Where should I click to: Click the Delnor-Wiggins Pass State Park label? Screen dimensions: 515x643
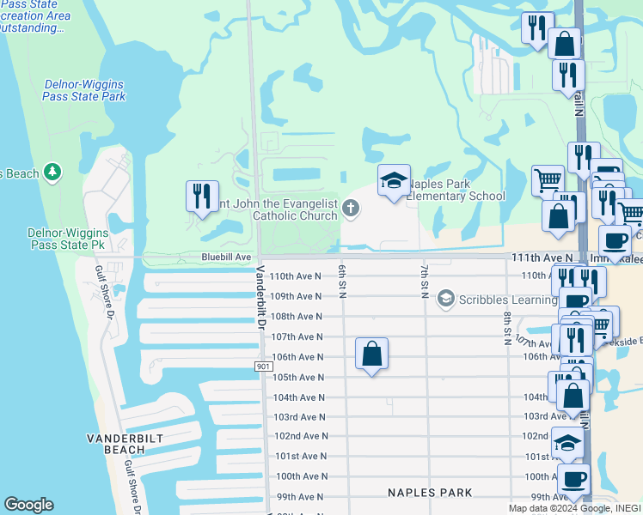tap(84, 90)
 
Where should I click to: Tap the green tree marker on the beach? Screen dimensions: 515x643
tap(53, 173)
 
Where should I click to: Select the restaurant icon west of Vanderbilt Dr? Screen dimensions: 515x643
tap(202, 197)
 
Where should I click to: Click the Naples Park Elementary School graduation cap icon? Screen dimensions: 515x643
tap(394, 181)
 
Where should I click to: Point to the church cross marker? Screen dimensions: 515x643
tap(350, 207)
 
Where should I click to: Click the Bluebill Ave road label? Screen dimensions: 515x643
tap(226, 257)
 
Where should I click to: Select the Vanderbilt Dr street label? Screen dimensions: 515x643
tap(259, 296)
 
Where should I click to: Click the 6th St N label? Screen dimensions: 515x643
tap(342, 282)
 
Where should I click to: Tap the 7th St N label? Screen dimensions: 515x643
tap(425, 282)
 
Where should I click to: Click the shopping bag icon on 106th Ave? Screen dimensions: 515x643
tap(371, 354)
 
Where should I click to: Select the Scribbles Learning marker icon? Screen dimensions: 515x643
tap(445, 299)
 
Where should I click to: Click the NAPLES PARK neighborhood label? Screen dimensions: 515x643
tap(430, 493)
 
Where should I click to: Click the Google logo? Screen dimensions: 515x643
tap(29, 505)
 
